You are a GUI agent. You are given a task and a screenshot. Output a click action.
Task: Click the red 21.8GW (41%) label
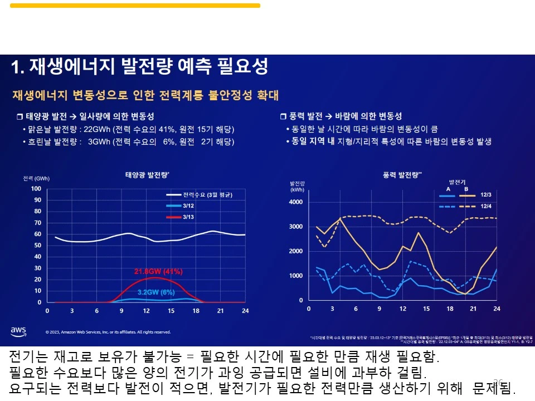159,272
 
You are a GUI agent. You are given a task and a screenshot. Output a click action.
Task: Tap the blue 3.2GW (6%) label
157,291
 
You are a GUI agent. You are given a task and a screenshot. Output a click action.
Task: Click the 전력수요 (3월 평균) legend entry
207,195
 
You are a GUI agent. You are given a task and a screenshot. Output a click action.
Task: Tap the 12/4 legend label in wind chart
486,206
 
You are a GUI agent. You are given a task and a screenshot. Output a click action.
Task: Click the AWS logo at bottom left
18,331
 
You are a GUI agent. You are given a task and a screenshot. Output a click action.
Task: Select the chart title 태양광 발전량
147,175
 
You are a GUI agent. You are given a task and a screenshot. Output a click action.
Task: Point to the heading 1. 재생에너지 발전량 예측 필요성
140,67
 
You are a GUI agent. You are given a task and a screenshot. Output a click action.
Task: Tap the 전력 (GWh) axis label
36,178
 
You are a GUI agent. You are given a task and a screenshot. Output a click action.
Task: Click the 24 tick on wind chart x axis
496,309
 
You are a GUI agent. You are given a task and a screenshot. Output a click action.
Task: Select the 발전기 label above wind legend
458,182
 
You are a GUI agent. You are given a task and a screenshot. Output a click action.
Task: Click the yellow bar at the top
135,6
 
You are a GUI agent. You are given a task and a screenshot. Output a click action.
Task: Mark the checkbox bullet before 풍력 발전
283,116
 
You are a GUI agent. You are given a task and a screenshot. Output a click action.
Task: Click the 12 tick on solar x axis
146,311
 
